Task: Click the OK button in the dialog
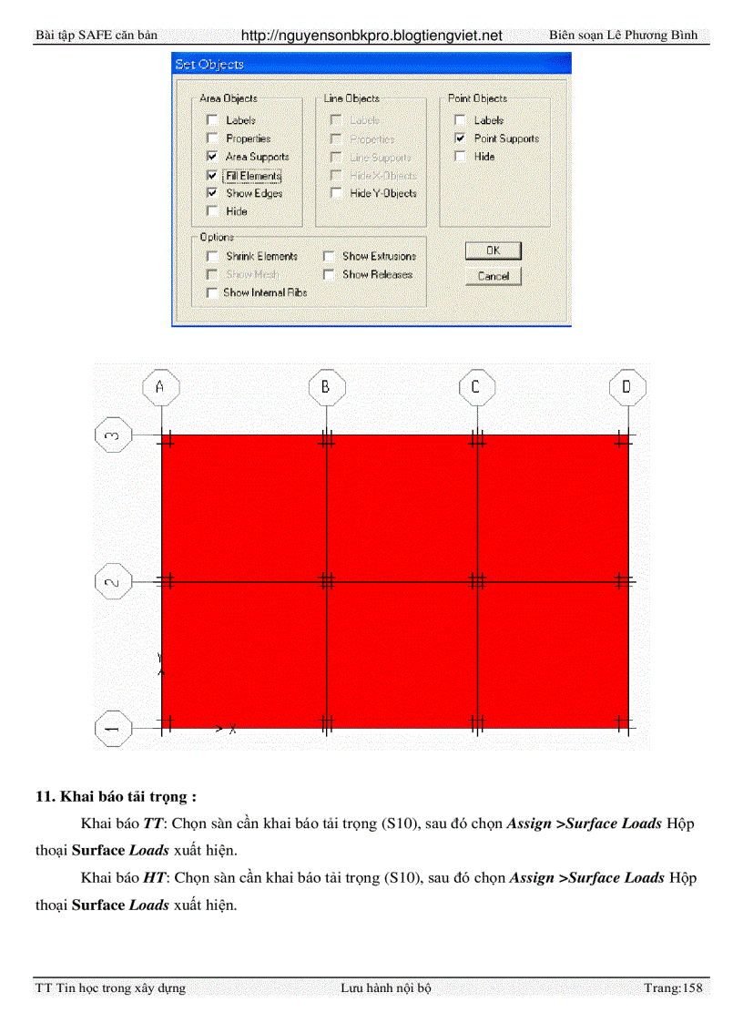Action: (x=493, y=251)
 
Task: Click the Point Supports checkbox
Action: (x=460, y=138)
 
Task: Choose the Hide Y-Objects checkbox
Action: (x=336, y=193)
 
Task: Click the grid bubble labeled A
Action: (x=161, y=387)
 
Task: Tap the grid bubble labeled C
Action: (x=476, y=387)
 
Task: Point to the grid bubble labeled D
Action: (x=626, y=387)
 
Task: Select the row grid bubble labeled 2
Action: (x=113, y=581)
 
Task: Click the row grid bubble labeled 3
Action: (x=113, y=435)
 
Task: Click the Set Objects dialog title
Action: (x=209, y=65)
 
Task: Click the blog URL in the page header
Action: (x=371, y=36)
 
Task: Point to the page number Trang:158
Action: (x=673, y=987)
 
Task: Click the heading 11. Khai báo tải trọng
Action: (x=116, y=796)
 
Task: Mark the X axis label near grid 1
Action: (x=232, y=729)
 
